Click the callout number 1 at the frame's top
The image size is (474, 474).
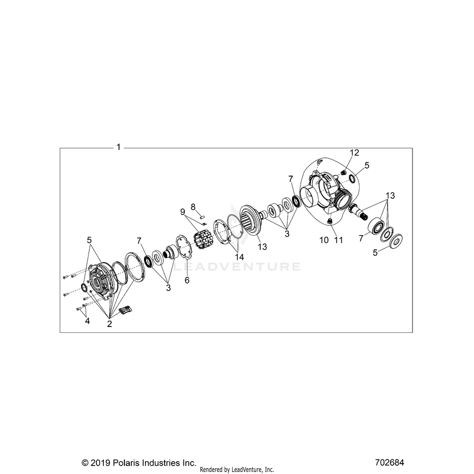(x=118, y=147)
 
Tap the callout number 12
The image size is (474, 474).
(x=355, y=152)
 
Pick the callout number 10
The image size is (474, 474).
(x=323, y=240)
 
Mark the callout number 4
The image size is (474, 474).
(x=87, y=321)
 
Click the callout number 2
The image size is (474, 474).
(x=109, y=324)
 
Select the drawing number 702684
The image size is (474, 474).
(x=389, y=463)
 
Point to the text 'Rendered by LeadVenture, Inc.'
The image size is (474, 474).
(x=237, y=470)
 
